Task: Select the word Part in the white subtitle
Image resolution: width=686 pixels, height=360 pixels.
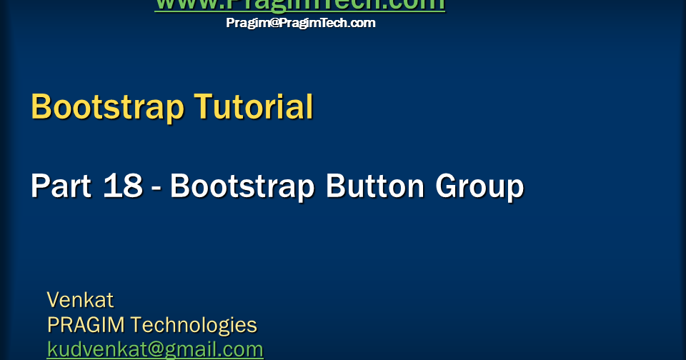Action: click(x=60, y=186)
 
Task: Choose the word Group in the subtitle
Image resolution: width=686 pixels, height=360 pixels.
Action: click(x=479, y=187)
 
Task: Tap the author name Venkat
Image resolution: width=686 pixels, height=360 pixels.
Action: click(x=80, y=299)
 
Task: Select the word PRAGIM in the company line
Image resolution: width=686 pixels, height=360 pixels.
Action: click(x=86, y=325)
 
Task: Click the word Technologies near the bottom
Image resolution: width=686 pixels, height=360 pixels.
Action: click(x=194, y=326)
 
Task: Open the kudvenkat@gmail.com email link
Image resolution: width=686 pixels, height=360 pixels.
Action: click(x=155, y=349)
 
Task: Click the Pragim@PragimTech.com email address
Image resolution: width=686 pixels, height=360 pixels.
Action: click(x=301, y=23)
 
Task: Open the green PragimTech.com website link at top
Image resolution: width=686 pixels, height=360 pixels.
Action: click(x=299, y=5)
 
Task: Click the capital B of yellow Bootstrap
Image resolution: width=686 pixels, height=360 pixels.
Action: click(x=42, y=107)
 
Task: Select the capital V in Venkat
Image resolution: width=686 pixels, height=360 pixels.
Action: click(x=54, y=299)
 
